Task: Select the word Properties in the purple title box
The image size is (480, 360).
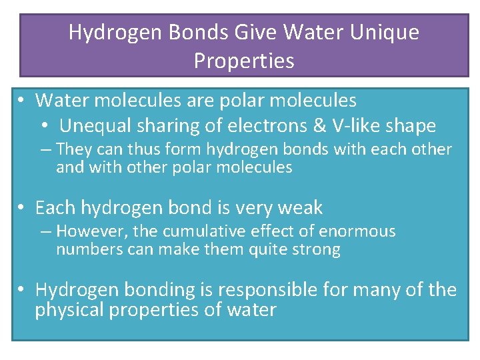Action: pyautogui.click(x=244, y=61)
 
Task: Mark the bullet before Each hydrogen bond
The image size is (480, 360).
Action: pyautogui.click(x=22, y=209)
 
